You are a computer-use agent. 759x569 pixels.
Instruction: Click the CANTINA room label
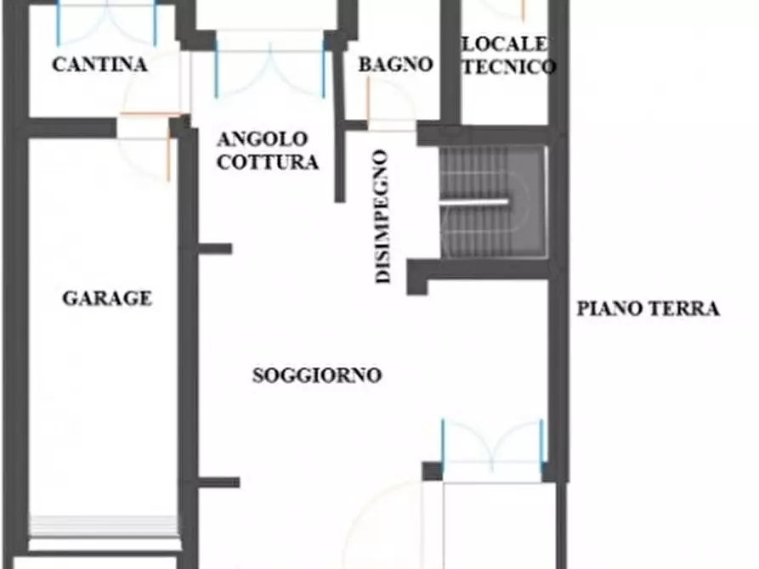point(99,65)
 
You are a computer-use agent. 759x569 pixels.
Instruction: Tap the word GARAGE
point(107,298)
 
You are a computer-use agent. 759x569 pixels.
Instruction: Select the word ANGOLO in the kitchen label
point(261,139)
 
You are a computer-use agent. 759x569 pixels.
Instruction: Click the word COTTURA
point(268,162)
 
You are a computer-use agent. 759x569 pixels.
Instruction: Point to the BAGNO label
point(395,65)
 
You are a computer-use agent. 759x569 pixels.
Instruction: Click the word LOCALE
point(505,43)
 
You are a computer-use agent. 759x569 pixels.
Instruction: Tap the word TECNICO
point(509,66)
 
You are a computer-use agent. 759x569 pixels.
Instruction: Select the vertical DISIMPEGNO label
point(383,217)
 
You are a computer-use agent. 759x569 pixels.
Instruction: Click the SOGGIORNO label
point(317,375)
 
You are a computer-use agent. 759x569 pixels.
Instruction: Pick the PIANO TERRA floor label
point(649,309)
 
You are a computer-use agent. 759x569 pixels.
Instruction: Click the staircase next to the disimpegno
point(491,201)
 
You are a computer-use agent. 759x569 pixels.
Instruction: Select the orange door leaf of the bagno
point(367,100)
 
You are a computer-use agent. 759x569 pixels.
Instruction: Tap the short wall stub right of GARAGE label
point(215,249)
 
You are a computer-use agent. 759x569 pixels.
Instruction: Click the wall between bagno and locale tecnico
point(450,64)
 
